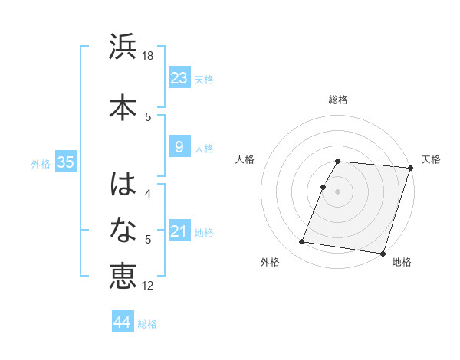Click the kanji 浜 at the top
pos(123,47)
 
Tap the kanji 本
pos(123,105)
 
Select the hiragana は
pos(123,185)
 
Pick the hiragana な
pos(123,229)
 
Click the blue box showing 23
pos(179,78)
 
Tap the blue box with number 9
pos(179,147)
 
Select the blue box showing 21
pos(179,231)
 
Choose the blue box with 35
pos(65,162)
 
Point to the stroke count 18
pos(148,56)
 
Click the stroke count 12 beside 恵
pos(148,286)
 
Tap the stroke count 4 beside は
pos(148,194)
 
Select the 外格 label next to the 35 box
pos(41,163)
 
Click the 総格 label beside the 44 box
pos(147,324)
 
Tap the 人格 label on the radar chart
pos(245,159)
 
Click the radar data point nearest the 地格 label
pos(383,254)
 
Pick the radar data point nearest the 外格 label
pos(302,242)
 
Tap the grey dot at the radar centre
pos(337,191)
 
